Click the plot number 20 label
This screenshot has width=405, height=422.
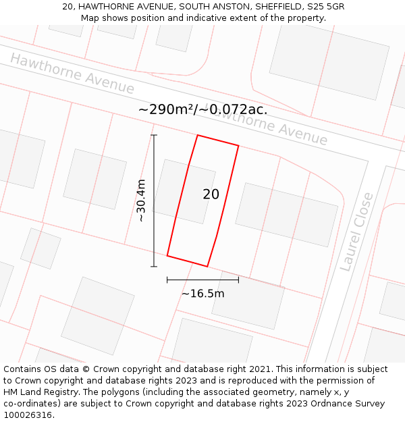(x=211, y=194)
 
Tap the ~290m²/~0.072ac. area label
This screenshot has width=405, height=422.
(x=202, y=109)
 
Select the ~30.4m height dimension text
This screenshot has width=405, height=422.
(x=141, y=201)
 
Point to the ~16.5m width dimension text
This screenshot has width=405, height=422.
(x=202, y=294)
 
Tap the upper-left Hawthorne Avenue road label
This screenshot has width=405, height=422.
(x=72, y=74)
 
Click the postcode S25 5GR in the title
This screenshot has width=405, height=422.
(x=327, y=6)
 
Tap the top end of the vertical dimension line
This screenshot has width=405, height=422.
(x=154, y=135)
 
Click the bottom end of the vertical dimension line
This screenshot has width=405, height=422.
(x=154, y=266)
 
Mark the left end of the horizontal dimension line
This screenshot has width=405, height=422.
(x=167, y=280)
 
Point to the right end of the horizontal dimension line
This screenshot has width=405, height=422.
(x=238, y=280)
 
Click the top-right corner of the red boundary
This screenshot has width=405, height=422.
(x=238, y=145)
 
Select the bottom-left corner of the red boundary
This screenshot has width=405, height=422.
(x=167, y=256)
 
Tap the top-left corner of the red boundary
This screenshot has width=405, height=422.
(x=197, y=135)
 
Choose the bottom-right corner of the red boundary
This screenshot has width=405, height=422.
(x=207, y=266)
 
